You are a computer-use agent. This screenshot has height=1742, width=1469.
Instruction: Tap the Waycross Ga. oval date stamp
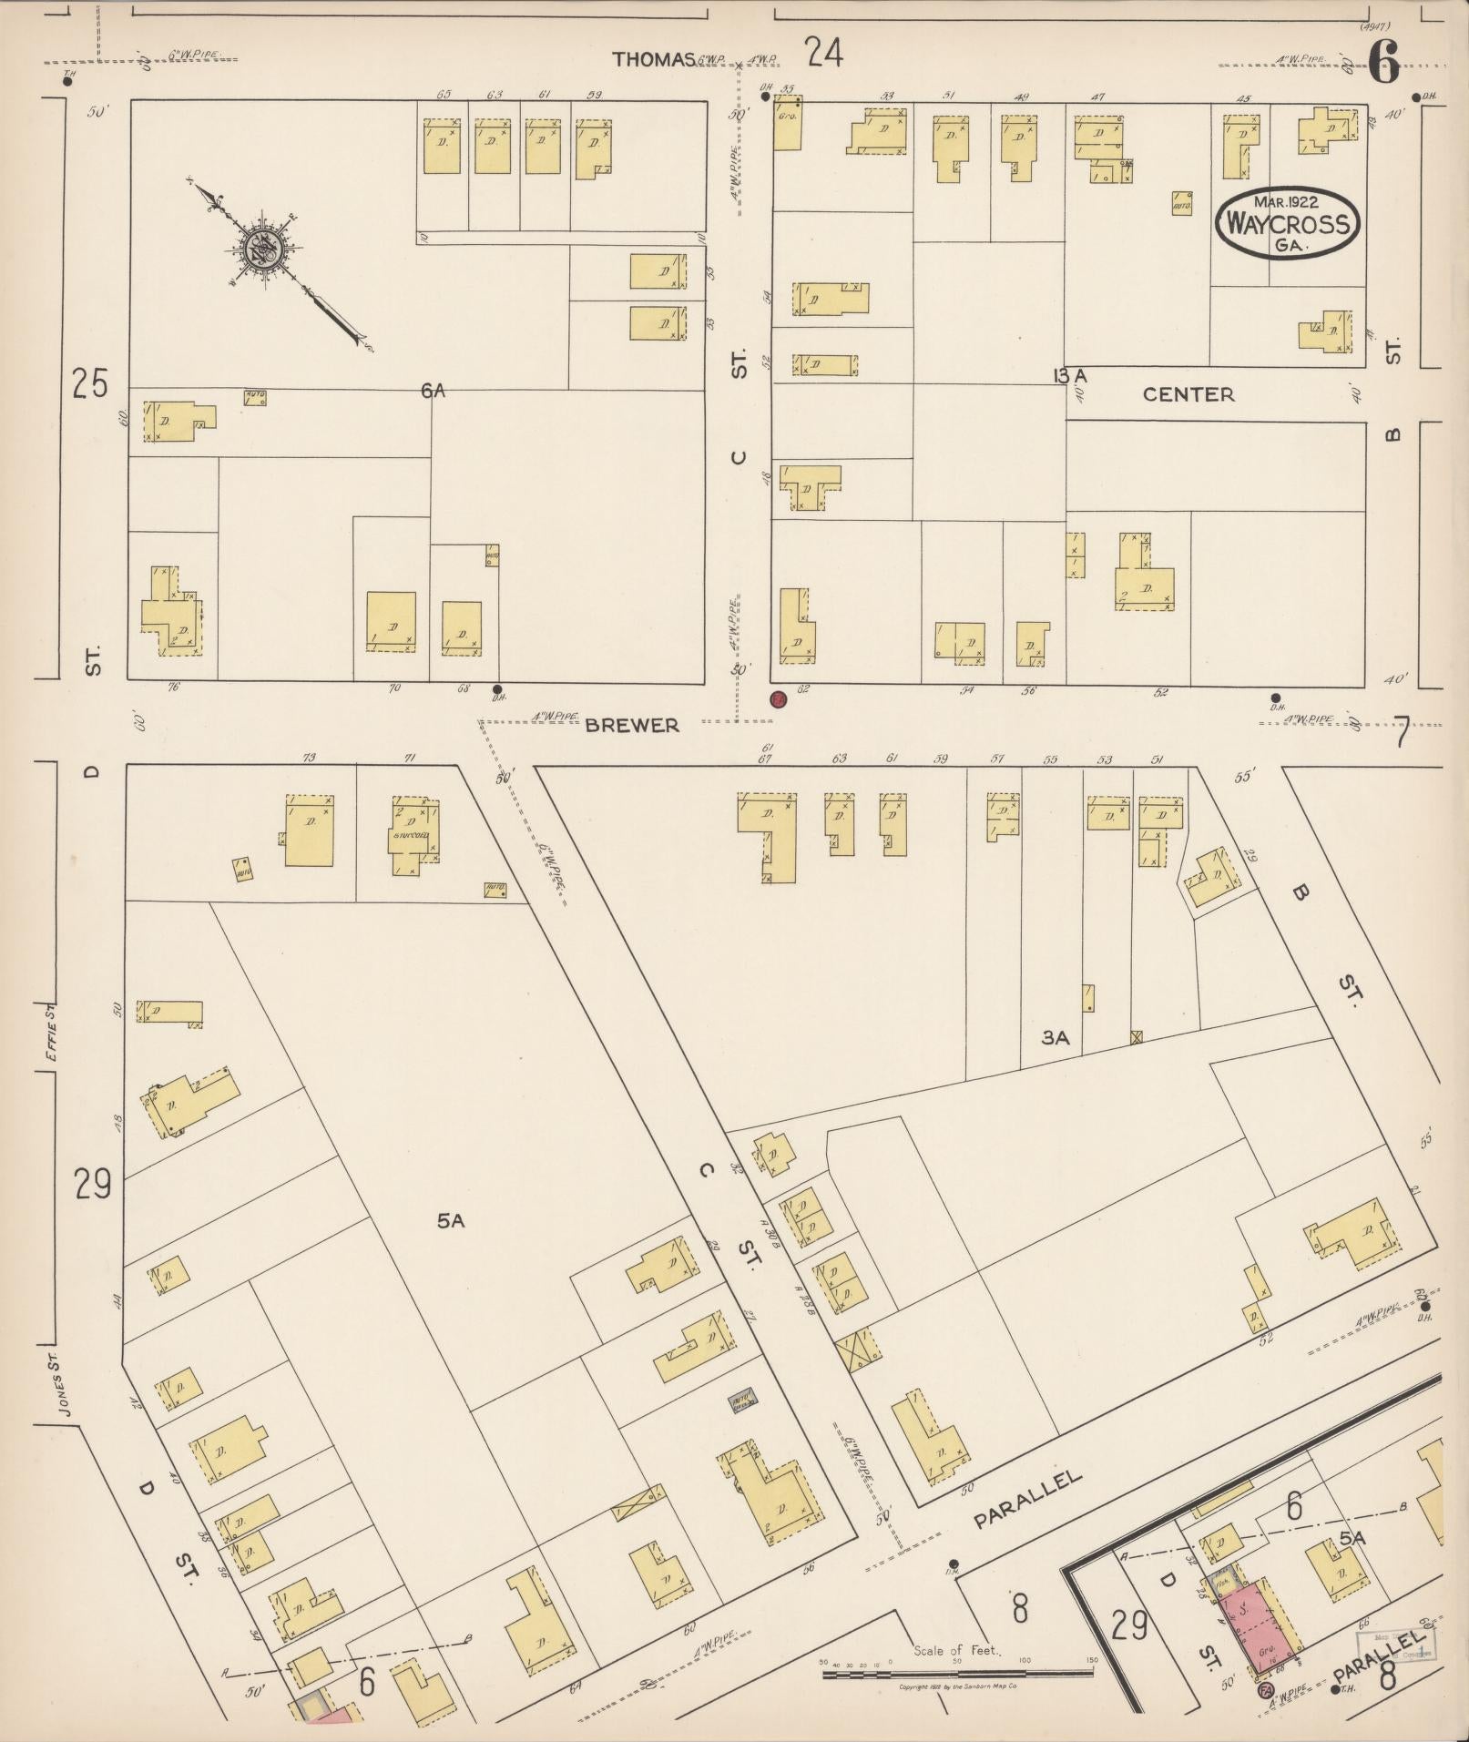click(1287, 222)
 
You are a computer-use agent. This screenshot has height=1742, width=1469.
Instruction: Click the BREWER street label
click(632, 725)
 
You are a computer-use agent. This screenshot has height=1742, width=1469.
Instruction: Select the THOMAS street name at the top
click(654, 59)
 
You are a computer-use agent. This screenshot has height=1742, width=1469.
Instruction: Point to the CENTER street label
click(1188, 394)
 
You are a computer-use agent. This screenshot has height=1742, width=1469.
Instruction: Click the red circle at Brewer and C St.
click(778, 699)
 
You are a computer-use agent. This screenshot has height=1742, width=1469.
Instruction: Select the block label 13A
click(1070, 375)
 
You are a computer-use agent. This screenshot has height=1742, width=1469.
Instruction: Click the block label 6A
click(434, 391)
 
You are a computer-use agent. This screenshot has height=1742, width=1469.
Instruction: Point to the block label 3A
click(1055, 1037)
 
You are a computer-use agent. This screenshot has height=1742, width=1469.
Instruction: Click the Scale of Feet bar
click(956, 1673)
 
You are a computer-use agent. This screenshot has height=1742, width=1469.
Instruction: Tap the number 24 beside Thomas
click(823, 54)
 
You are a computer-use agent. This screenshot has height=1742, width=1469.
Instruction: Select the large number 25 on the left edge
click(90, 384)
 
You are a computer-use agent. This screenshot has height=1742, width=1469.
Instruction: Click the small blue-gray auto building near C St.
click(743, 1404)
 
